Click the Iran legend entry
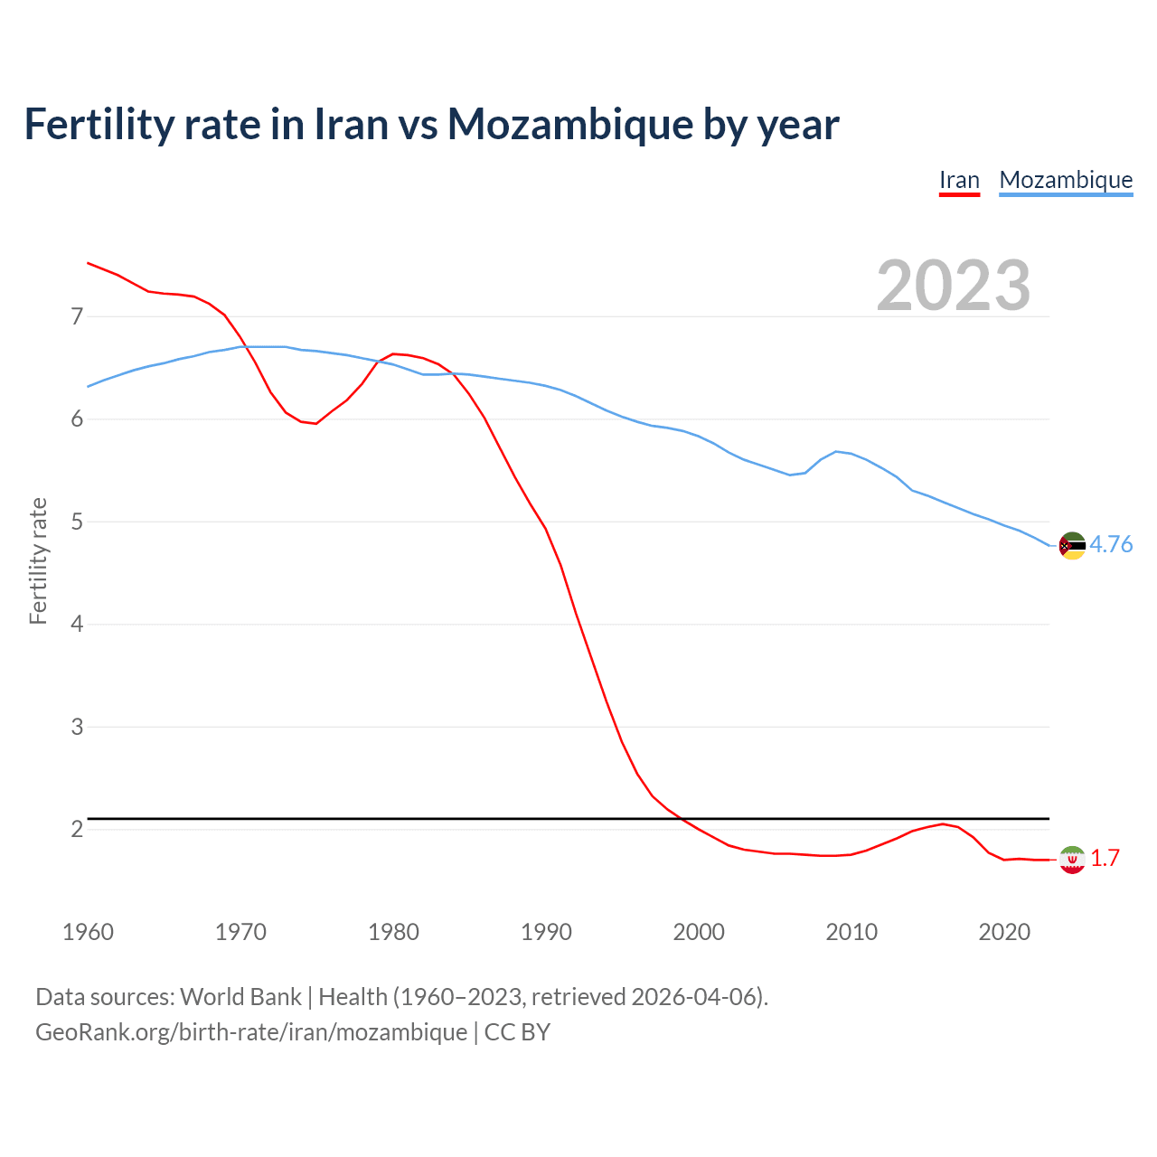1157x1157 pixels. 959,180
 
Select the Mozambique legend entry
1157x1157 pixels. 1066,180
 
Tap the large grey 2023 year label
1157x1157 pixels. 953,286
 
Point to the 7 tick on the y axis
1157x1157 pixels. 77,316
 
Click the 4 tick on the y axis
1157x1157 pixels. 77,624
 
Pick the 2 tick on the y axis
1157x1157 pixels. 77,829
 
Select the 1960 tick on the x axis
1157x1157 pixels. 88,932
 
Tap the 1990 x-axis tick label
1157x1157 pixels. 546,932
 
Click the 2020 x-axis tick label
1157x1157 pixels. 1004,932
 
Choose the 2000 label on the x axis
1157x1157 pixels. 699,932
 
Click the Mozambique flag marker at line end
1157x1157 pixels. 1072,545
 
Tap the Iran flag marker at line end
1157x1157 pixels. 1072,860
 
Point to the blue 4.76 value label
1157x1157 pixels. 1111,544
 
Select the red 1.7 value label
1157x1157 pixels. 1105,859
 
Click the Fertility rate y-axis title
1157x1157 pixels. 38,560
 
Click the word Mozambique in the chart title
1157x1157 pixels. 569,124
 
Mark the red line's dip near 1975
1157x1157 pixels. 315,423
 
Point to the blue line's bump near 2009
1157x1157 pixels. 837,451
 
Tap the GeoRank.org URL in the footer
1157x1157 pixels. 251,1031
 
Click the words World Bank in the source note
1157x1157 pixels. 240,997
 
